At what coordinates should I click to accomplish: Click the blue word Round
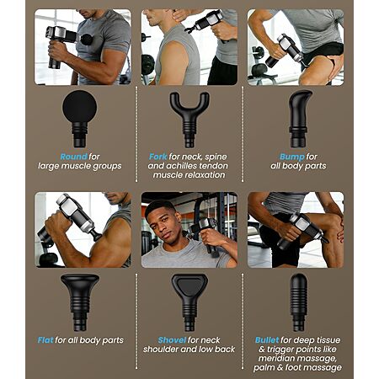(x=74, y=157)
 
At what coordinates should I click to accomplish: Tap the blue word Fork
(x=158, y=157)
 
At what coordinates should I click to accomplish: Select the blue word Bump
(x=292, y=157)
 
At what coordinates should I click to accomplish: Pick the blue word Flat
(x=45, y=340)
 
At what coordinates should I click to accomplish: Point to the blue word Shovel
(x=172, y=340)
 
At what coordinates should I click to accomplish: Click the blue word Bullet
(x=267, y=340)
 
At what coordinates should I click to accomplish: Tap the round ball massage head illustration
(x=80, y=119)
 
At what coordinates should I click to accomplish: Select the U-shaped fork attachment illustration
(x=189, y=120)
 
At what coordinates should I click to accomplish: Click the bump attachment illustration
(x=299, y=119)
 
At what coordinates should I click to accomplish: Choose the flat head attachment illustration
(x=80, y=302)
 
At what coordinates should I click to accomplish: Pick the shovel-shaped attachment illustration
(x=189, y=302)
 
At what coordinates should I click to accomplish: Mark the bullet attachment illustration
(x=298, y=302)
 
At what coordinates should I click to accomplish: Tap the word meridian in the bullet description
(x=277, y=359)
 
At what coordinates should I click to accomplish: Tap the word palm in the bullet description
(x=263, y=368)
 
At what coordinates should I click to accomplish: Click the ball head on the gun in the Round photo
(x=87, y=40)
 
